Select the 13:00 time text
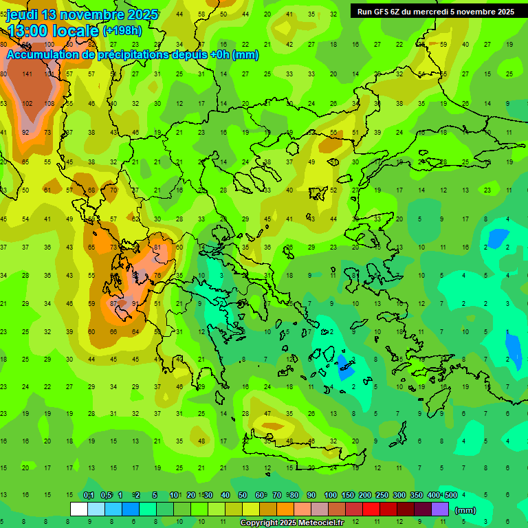[x=28, y=30]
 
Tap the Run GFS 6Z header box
[x=435, y=11]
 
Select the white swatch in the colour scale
[x=79, y=509]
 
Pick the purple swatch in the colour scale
[x=440, y=509]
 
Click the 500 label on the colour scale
[x=450, y=496]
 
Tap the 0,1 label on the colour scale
[x=89, y=496]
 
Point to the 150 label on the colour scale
[x=347, y=496]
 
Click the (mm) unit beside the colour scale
[x=465, y=510]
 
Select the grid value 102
[x=27, y=103]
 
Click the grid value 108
[x=49, y=103]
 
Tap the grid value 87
[x=113, y=303]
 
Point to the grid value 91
[x=135, y=303]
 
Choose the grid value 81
[x=157, y=247]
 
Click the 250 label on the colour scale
[x=382, y=496]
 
